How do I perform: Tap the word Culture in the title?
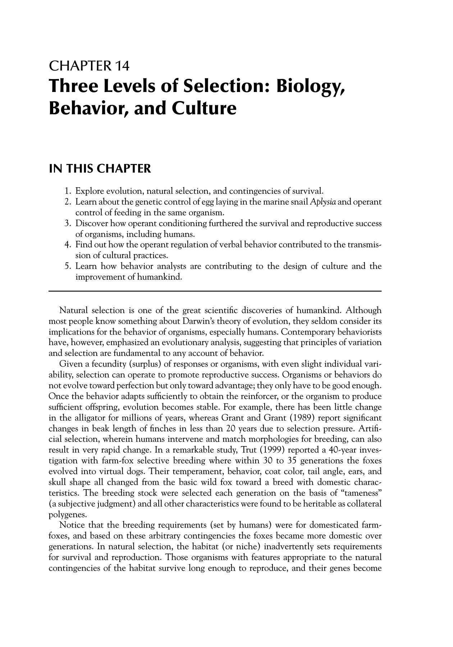[202, 109]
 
